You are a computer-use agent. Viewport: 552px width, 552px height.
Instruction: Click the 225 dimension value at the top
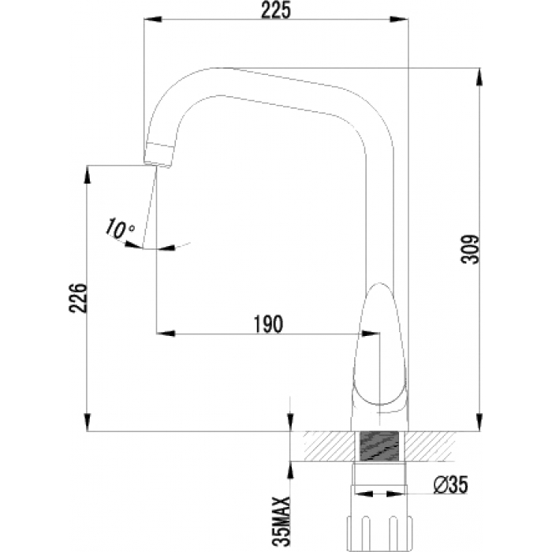[x=276, y=10]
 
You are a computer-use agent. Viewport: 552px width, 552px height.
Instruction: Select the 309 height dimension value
[x=471, y=249]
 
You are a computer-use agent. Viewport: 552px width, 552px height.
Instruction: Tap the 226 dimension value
[x=78, y=297]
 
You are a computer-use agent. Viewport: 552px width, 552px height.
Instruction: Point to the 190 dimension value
[x=268, y=324]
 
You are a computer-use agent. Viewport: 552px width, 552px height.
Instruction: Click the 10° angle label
[x=120, y=228]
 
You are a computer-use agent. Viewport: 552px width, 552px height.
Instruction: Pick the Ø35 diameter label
[x=450, y=485]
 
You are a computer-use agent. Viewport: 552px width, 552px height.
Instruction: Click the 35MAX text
[x=282, y=523]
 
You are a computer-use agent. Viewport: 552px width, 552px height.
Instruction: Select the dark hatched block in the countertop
[x=380, y=446]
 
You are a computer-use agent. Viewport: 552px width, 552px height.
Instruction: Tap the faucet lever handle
[x=381, y=345]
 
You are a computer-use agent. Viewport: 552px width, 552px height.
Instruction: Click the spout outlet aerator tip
[x=159, y=155]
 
